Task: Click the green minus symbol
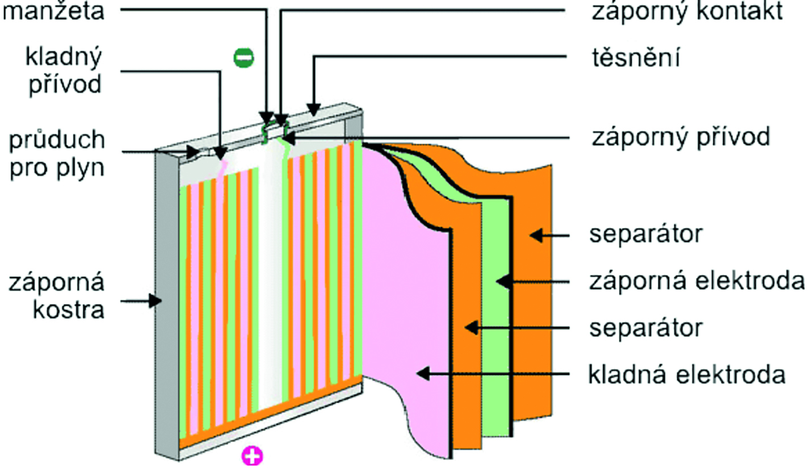tap(245, 57)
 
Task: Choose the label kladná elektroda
tap(687, 374)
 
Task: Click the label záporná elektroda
tap(697, 281)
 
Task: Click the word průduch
tap(57, 139)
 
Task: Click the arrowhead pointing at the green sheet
tap(499, 281)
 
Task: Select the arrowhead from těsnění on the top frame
tap(314, 107)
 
